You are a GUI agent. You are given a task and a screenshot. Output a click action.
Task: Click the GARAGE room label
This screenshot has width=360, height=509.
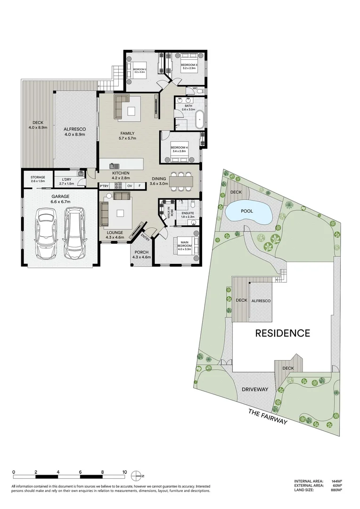click(x=61, y=196)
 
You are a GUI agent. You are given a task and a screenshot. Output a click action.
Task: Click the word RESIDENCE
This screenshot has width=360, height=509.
click(x=282, y=333)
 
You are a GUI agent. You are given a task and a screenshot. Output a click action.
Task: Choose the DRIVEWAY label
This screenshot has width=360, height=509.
click(x=254, y=389)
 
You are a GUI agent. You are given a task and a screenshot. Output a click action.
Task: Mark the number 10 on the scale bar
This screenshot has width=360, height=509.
click(x=124, y=471)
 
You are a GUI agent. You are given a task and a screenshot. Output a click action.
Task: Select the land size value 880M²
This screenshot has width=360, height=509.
click(x=336, y=490)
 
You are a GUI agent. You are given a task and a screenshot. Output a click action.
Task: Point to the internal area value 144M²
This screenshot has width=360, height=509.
click(x=336, y=481)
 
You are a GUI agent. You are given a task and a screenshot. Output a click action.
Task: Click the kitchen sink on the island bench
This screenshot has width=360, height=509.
click(x=114, y=165)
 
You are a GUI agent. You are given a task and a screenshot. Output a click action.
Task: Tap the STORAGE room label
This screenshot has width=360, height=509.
click(x=38, y=177)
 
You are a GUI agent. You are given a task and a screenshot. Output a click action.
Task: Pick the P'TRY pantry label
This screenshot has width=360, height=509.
click(x=104, y=186)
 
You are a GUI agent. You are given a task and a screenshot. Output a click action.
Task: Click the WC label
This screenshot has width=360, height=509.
click(x=195, y=88)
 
